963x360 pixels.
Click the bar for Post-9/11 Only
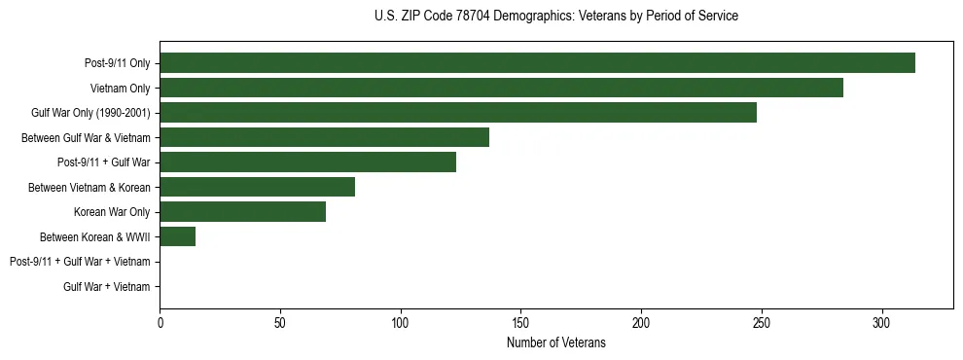537,63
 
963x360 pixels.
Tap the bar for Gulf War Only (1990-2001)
458,113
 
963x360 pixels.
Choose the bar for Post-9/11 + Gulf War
307,162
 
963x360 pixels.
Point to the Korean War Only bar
242,212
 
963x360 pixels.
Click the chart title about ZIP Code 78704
555,17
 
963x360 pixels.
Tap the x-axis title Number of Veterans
555,343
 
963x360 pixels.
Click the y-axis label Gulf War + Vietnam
107,287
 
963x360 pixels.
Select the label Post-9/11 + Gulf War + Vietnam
80,262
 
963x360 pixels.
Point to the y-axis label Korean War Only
112,212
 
